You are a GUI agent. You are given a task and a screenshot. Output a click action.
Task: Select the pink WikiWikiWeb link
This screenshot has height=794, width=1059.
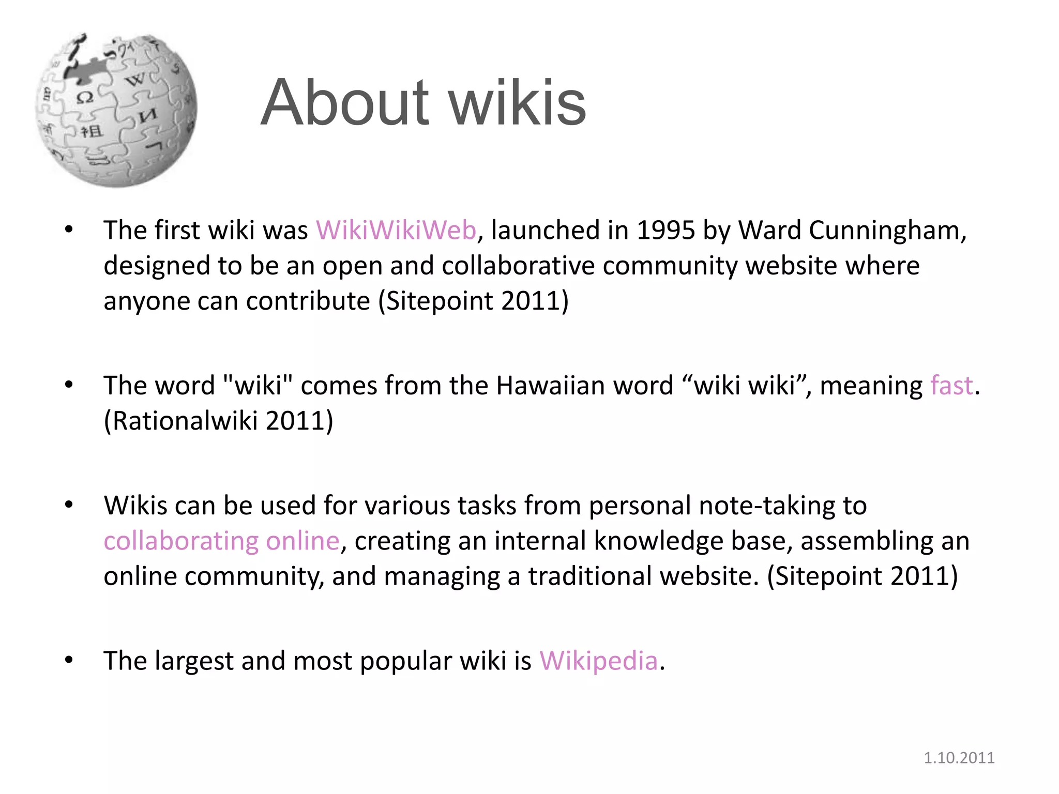point(396,230)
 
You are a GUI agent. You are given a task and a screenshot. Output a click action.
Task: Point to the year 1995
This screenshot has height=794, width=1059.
point(665,230)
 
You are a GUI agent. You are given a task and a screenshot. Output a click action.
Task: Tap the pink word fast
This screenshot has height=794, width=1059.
point(951,386)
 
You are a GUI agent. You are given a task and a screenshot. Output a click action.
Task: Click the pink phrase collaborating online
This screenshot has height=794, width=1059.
point(221,541)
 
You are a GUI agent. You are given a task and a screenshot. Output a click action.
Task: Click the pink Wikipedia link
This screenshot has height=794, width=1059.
point(598,661)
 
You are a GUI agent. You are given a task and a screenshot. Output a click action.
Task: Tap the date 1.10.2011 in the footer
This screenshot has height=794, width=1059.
point(959,758)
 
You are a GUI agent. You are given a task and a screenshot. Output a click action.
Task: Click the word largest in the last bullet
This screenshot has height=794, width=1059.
point(194,661)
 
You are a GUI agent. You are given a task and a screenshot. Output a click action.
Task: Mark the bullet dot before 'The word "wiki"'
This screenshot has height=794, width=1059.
point(69,385)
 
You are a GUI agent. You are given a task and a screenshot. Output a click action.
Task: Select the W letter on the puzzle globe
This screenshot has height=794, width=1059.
point(135,80)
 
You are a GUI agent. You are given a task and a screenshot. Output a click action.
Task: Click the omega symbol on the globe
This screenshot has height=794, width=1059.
point(85,97)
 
